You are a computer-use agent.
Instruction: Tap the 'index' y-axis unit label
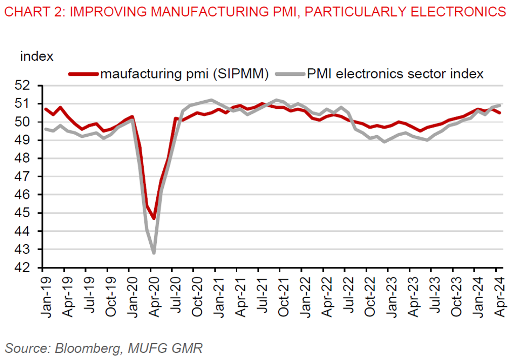(36, 56)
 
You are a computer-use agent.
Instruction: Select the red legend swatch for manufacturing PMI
(84, 74)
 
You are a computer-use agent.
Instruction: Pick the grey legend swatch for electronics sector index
(291, 74)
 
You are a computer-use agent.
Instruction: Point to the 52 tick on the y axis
(30, 86)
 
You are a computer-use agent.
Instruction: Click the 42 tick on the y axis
(30, 268)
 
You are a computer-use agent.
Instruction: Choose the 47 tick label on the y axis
(30, 177)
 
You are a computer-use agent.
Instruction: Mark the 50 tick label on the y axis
(30, 122)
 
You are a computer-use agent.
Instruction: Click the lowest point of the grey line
(153, 253)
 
